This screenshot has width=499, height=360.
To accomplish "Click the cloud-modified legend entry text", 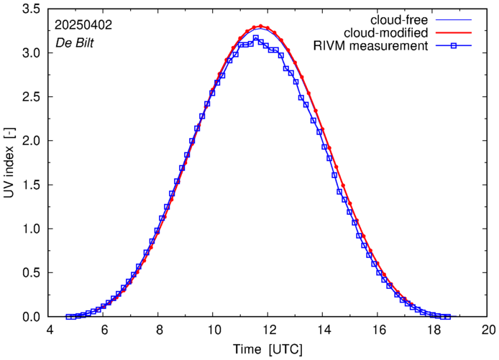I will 387,32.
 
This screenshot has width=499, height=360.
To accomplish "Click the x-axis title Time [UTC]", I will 268,349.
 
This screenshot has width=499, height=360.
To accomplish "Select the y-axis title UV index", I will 9,163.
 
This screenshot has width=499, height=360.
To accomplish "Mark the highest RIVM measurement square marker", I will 256,38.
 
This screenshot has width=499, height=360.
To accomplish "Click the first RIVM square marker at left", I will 68,316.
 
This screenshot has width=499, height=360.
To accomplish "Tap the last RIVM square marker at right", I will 447,316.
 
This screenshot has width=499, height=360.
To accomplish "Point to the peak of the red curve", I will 261,26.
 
